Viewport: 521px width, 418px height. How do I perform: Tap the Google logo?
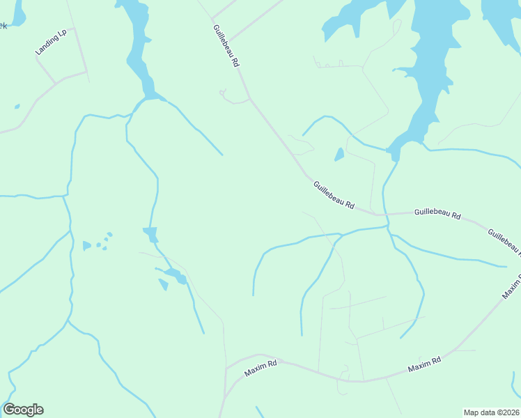(x=23, y=410)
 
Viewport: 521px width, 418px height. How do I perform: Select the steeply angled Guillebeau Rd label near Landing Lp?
(x=226, y=46)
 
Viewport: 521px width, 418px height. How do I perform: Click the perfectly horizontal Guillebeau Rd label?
(x=437, y=213)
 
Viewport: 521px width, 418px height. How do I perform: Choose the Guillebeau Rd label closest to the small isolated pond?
(x=334, y=196)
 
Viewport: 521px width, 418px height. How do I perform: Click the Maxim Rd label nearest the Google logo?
(x=261, y=368)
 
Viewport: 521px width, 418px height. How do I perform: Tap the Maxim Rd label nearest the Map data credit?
(x=425, y=364)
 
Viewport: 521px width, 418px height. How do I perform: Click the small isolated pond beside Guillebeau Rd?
(x=339, y=155)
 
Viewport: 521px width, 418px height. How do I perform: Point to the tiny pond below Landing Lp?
(x=17, y=107)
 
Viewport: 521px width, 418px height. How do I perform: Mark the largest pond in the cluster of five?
(x=87, y=245)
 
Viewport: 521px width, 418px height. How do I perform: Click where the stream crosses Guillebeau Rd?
(x=387, y=215)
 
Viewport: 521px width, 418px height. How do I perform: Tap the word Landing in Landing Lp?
(x=46, y=46)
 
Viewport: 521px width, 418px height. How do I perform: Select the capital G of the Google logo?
(x=9, y=410)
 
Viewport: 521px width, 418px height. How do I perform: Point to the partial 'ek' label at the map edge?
(x=3, y=26)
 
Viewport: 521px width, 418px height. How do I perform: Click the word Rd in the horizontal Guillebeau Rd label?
(x=455, y=216)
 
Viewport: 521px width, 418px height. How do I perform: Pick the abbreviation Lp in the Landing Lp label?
(x=62, y=33)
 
